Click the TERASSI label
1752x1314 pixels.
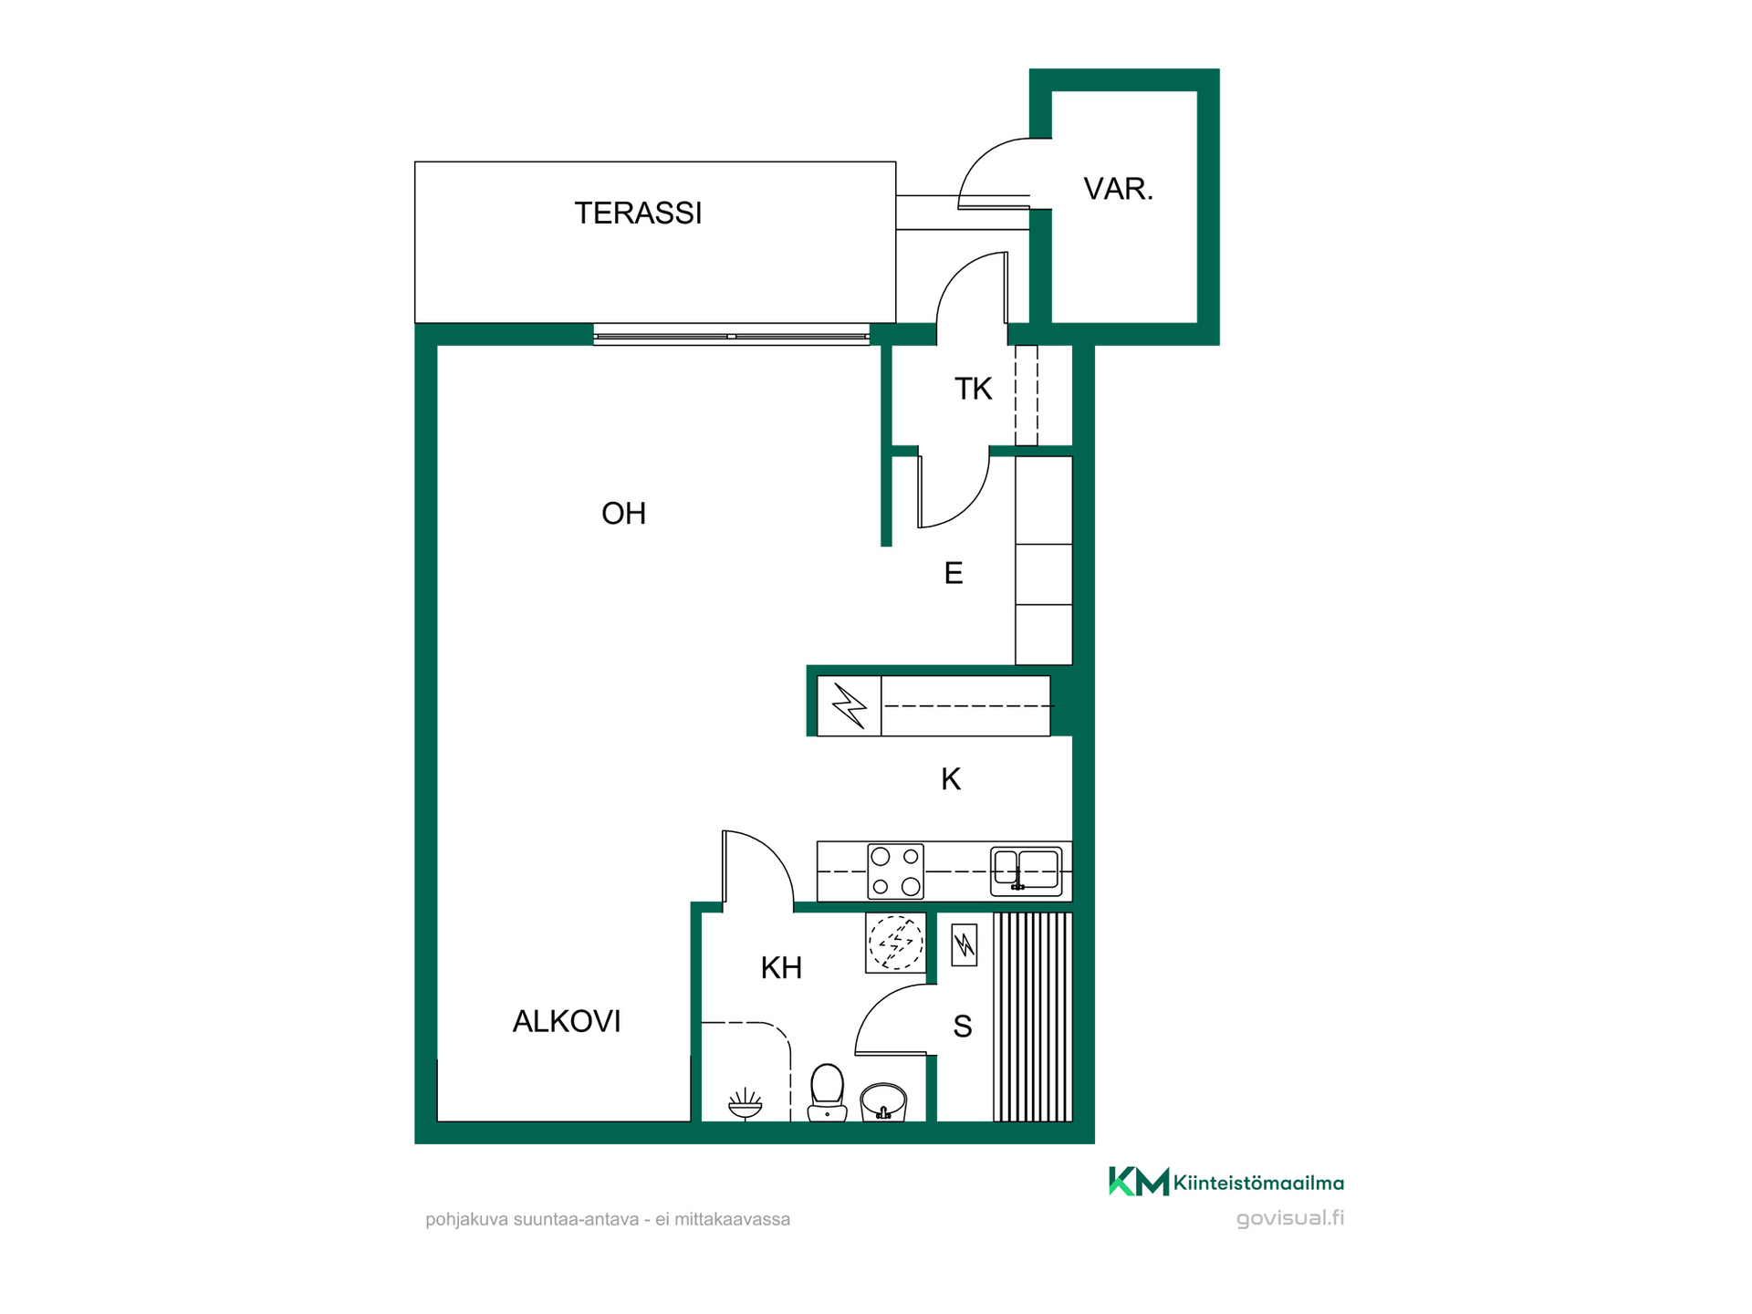coord(638,213)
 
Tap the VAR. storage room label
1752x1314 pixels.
coord(1118,189)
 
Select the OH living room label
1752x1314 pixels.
coord(623,513)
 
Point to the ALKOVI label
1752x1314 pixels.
coord(567,1021)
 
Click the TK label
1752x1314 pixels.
coord(973,389)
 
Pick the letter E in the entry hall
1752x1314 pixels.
coord(954,573)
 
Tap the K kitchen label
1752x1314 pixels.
coord(951,779)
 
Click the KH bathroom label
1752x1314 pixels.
coord(781,967)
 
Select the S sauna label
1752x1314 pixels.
coord(963,1027)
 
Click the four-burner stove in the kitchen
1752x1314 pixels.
coord(895,871)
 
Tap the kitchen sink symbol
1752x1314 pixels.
coord(1027,871)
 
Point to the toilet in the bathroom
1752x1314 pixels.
coord(828,1092)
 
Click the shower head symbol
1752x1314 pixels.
coord(746,1103)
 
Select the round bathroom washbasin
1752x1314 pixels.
coord(883,1101)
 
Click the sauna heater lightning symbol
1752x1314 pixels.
coord(965,945)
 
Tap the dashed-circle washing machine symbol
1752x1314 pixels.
coord(896,943)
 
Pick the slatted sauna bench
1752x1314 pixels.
coord(1033,1017)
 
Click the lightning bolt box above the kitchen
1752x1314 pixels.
coord(850,705)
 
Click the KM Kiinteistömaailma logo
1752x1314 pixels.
coord(1226,1182)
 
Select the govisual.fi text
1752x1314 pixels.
coord(1290,1218)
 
